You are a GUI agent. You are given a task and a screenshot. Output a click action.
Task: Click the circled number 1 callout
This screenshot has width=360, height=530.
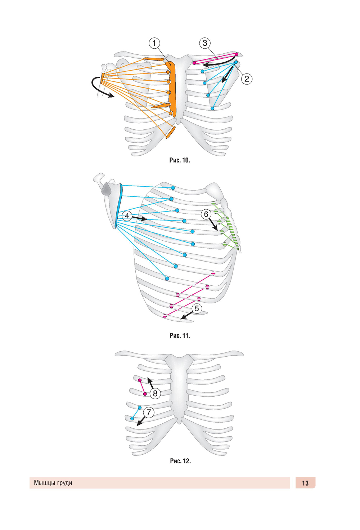coord(154,43)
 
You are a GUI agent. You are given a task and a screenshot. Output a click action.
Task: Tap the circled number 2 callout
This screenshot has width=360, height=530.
coord(247,79)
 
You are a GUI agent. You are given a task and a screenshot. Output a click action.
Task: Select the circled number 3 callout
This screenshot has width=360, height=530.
coord(205,43)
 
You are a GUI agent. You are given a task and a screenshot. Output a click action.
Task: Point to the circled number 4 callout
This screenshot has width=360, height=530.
coord(127,216)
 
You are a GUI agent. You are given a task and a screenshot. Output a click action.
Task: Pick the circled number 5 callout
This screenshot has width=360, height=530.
coord(197,309)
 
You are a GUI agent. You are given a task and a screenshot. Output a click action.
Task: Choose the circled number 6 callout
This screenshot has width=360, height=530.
coord(206,214)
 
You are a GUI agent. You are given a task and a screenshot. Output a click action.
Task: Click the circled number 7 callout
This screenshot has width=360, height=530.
coord(149,413)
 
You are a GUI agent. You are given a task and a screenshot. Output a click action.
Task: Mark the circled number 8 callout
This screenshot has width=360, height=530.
coord(155,393)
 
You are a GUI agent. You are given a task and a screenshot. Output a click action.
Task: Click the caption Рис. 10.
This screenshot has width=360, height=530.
coord(180,160)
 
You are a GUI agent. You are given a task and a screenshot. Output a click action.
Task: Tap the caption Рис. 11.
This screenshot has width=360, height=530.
coord(180,335)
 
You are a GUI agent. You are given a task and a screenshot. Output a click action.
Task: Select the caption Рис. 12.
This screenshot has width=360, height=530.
coord(180,461)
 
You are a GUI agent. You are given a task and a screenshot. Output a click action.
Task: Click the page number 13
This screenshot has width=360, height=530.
coord(305,483)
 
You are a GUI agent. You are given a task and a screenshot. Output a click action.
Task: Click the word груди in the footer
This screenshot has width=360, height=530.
coord(64,483)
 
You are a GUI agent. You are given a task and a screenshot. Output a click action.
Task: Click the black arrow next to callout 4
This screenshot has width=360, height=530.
coord(139,218)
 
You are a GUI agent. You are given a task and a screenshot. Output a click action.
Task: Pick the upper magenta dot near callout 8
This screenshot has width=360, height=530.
coord(140,380)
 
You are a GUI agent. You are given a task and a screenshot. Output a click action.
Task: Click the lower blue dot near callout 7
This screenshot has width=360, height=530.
coord(132,419)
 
